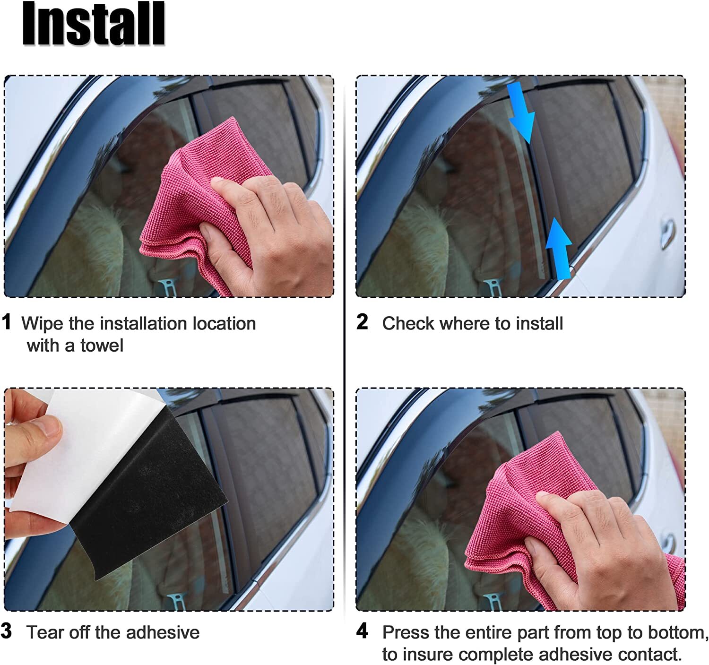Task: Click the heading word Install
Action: [94, 24]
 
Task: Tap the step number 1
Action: [7, 322]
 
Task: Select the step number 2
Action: [362, 322]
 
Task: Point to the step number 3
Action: [7, 630]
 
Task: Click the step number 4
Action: [362, 630]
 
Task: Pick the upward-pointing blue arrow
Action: [558, 249]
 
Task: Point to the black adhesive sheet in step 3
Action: [147, 496]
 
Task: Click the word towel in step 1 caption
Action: [102, 345]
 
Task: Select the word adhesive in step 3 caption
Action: [163, 632]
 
